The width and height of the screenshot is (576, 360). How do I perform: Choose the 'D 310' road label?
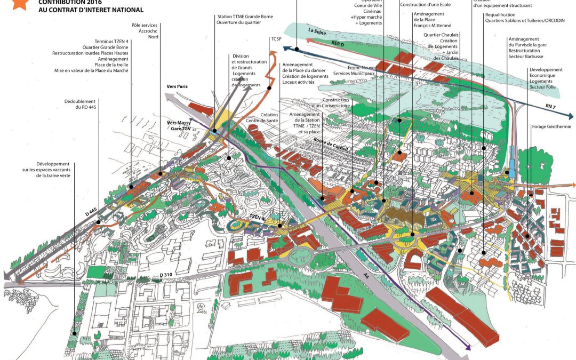point(167,276)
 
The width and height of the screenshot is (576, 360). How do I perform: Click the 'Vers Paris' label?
point(177,86)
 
